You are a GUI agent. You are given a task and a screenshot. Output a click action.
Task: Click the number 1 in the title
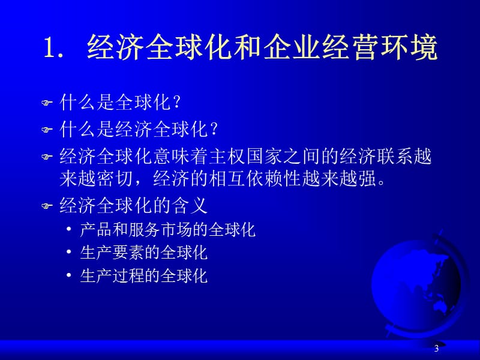tap(50, 48)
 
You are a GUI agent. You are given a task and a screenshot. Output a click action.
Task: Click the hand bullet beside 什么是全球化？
tap(47, 103)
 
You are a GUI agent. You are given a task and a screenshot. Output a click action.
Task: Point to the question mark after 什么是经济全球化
tap(214, 129)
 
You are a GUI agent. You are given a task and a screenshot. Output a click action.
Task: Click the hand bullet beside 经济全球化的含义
tap(47, 206)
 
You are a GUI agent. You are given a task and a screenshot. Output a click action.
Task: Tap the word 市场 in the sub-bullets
tap(176, 230)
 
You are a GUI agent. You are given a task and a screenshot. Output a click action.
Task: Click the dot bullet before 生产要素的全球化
tap(69, 252)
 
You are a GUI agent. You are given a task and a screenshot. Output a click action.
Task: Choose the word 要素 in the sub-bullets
tap(128, 253)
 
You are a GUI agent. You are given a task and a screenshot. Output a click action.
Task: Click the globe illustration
tap(420, 284)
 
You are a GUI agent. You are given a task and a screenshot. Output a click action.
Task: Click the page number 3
tap(437, 349)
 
